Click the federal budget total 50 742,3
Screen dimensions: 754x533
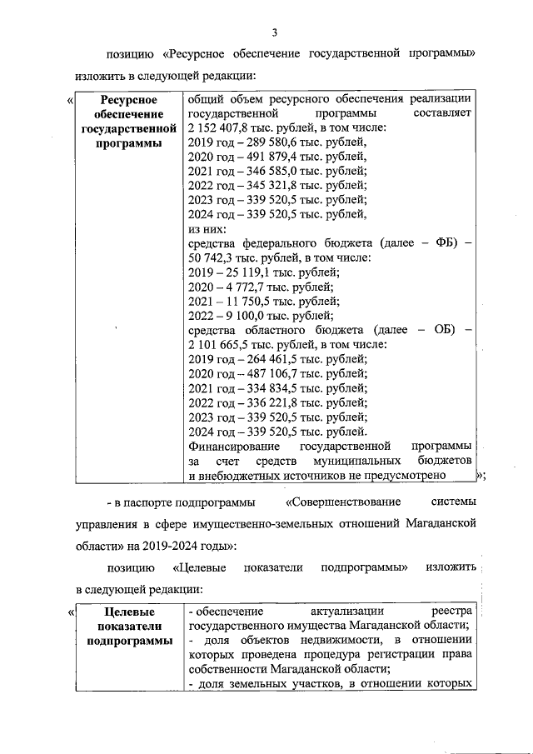coord(214,257)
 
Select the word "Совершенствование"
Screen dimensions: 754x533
coord(343,502)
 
